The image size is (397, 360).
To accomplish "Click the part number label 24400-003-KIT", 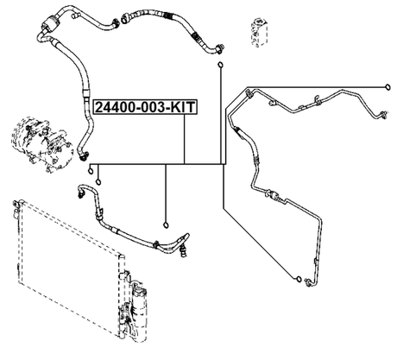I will pos(145,107).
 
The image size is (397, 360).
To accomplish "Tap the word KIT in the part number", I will pos(181,107).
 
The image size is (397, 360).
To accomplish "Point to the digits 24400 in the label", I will pos(115,107).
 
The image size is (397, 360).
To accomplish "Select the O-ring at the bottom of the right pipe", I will pos(298,279).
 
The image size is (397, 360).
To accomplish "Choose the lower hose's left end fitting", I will pos(81,190).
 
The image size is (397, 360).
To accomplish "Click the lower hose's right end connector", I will pos(182,249).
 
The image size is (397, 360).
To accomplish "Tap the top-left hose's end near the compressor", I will pos(83,155).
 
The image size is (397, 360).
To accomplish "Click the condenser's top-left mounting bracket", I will pos(15,207).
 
